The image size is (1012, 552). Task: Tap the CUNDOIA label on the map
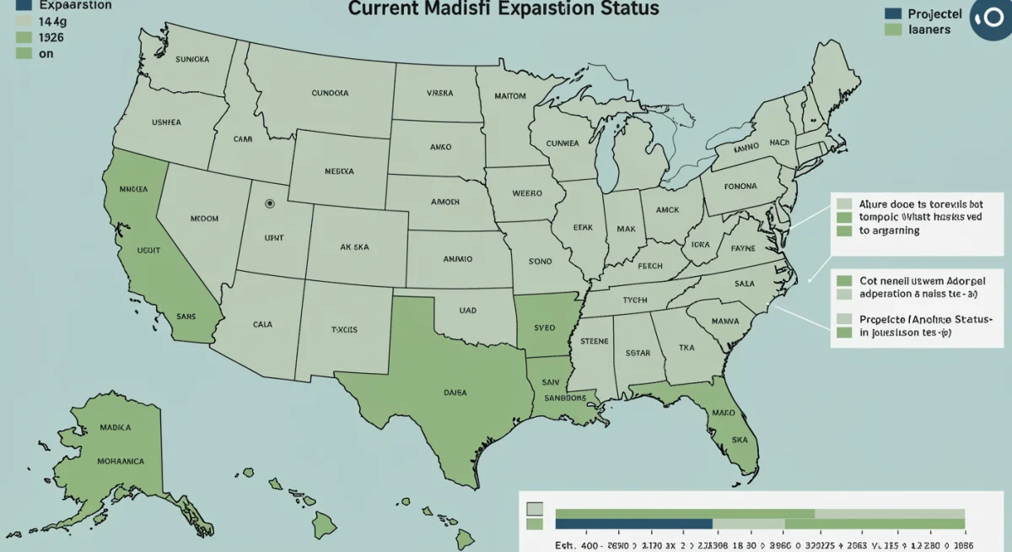coord(330,93)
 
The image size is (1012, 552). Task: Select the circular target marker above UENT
coord(270,203)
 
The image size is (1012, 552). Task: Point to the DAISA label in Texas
coord(455,392)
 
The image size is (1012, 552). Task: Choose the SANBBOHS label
coord(564,398)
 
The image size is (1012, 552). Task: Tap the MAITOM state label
coord(509,96)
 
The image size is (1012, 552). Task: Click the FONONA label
coord(740,187)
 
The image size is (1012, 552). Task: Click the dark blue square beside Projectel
coord(893,14)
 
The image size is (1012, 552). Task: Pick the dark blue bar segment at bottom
coord(634,524)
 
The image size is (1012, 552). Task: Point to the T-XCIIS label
coord(345,330)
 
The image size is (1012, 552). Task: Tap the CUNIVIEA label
coord(562,143)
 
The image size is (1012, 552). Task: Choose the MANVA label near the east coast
coord(724,321)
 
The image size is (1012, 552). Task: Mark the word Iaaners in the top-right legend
coord(930,30)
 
